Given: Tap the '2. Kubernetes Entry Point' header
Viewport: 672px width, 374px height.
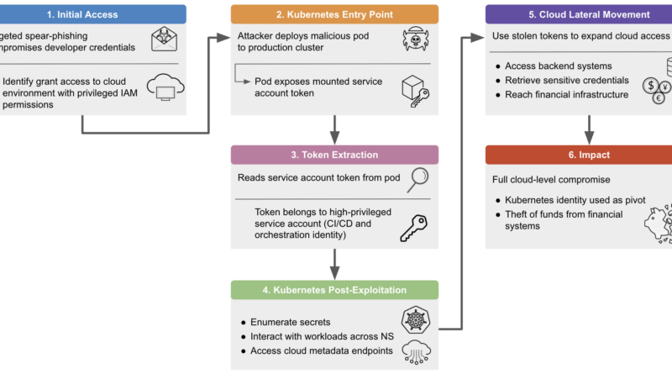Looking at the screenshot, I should (334, 14).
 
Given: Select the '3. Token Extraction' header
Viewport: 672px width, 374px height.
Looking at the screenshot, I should (334, 155).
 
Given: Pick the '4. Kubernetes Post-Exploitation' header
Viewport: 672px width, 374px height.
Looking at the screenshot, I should (334, 290).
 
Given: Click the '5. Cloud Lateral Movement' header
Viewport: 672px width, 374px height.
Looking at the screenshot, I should (579, 14).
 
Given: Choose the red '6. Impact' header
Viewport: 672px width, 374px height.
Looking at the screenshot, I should (579, 155).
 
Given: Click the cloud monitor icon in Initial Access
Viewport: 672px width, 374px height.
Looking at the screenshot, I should (166, 87).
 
